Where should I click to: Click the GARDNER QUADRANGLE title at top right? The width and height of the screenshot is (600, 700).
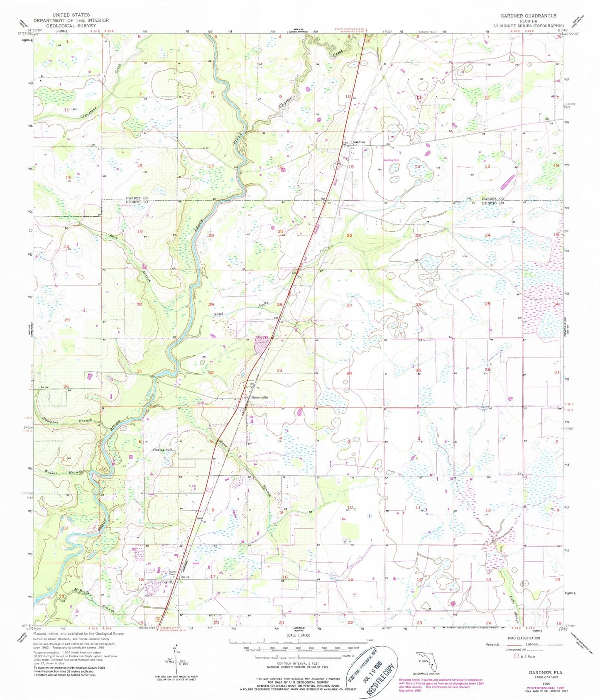528,15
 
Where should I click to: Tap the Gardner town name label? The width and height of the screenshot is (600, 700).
359,142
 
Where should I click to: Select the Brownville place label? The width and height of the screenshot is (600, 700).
260,397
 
